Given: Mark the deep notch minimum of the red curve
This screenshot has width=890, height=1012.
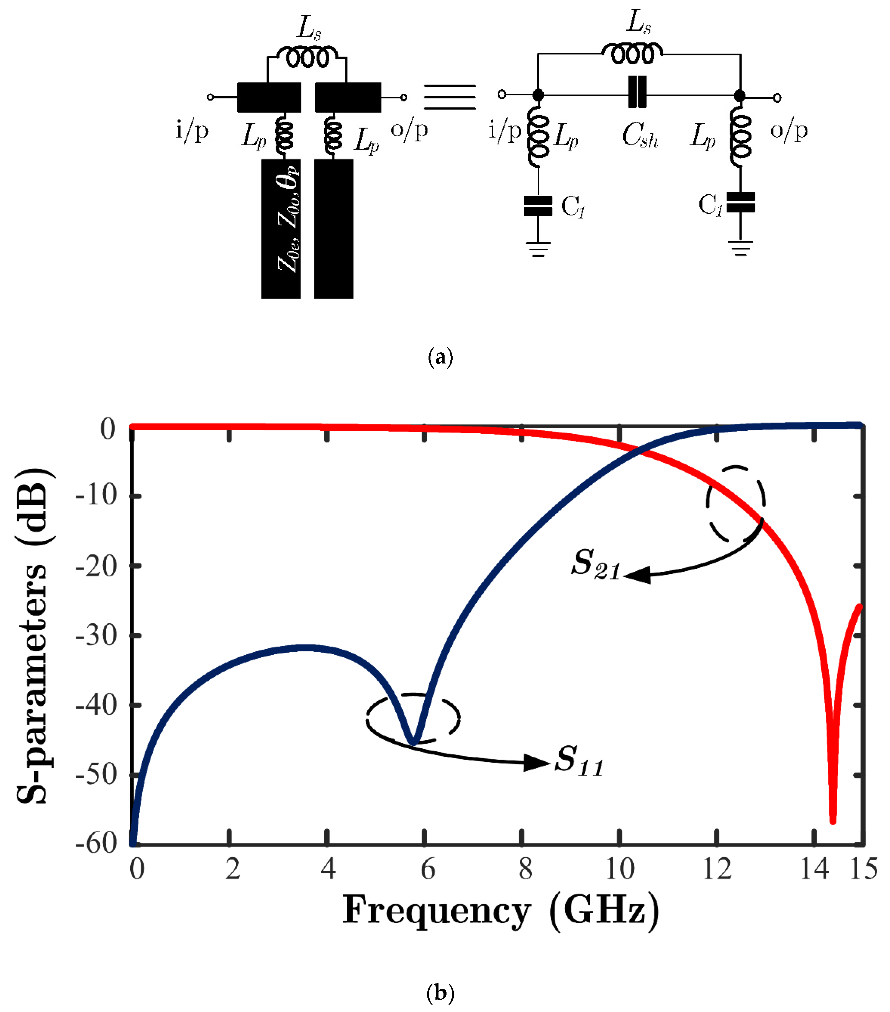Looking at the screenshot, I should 833,821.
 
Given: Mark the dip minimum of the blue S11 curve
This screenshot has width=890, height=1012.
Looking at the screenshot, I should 413,743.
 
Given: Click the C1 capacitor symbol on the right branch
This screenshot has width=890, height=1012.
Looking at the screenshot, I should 741,202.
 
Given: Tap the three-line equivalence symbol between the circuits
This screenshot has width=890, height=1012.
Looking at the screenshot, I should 450,96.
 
